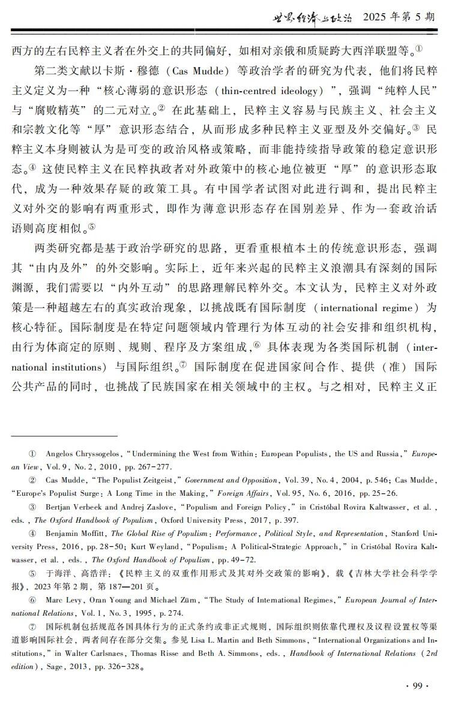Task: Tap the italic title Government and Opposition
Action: (x=231, y=480)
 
